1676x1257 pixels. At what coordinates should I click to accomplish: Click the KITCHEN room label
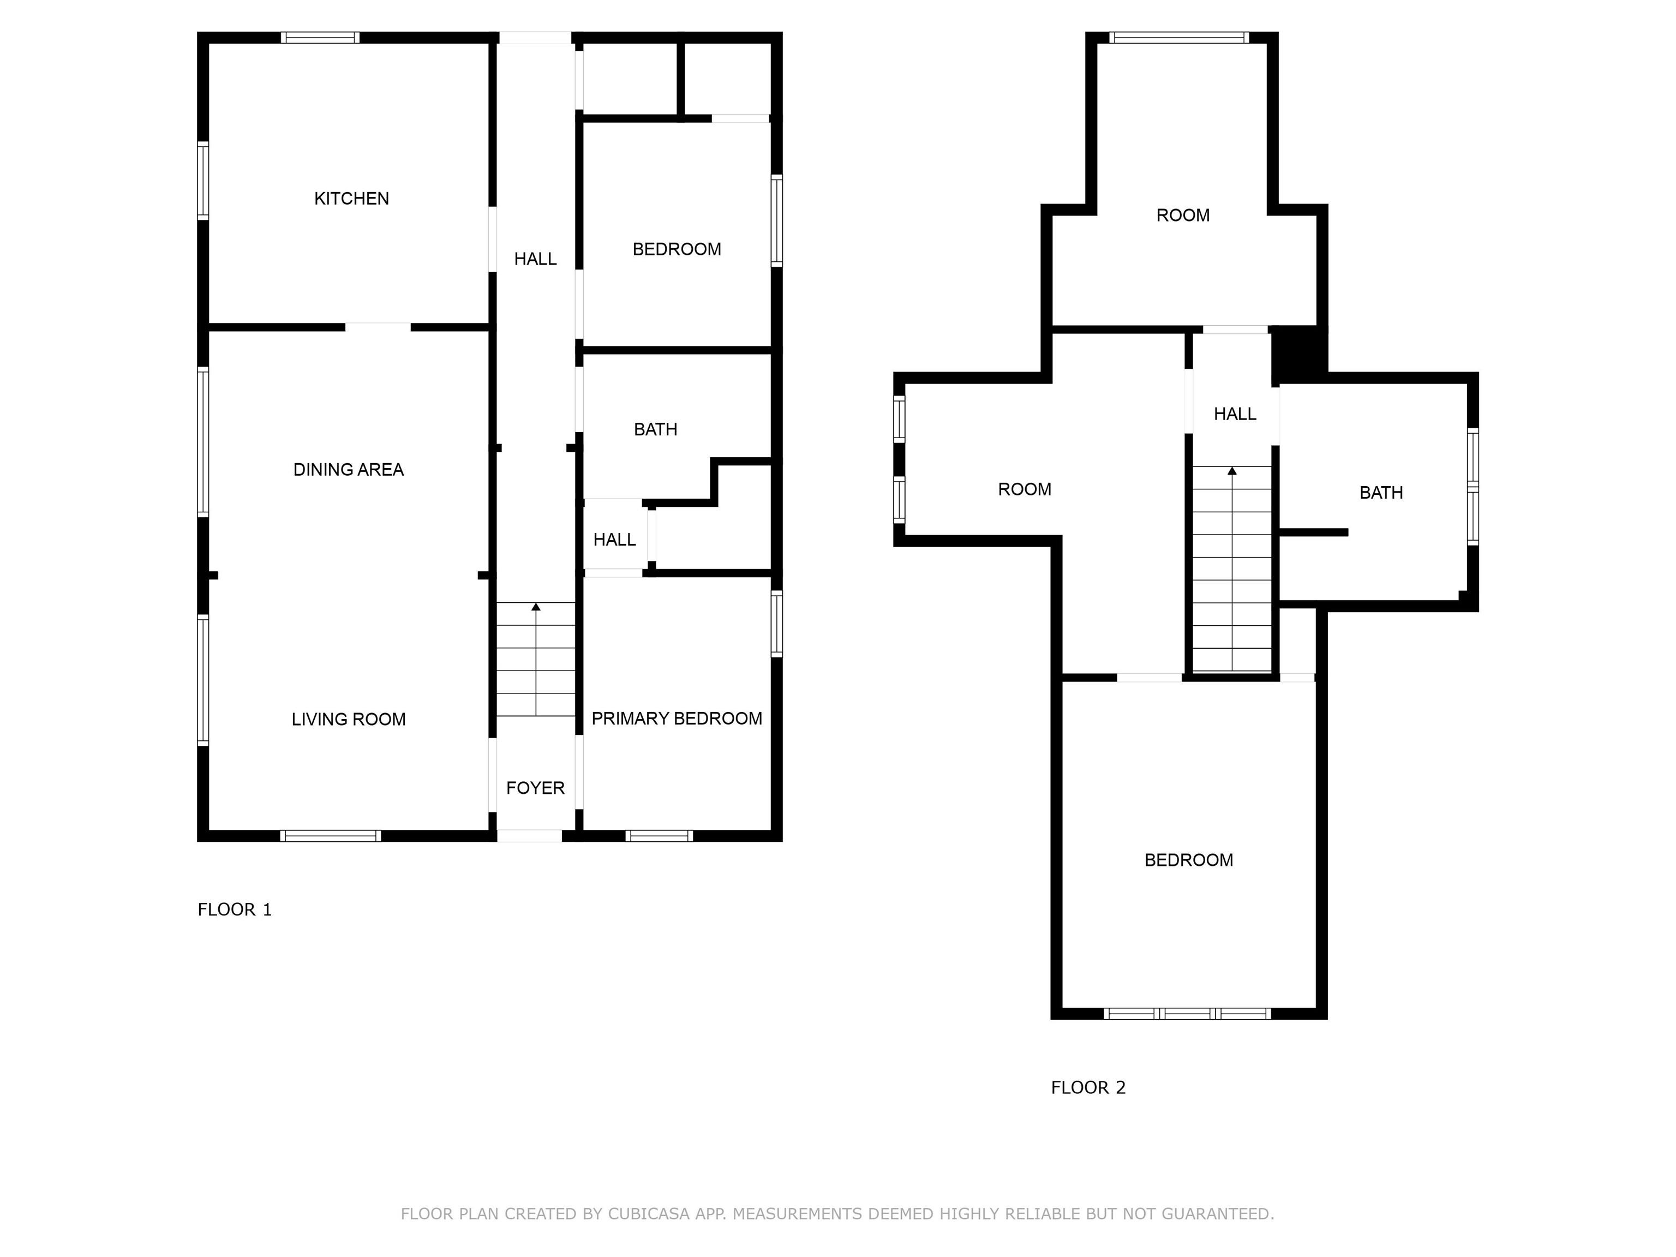[x=351, y=199]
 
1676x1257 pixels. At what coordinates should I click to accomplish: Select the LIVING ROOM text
[x=349, y=719]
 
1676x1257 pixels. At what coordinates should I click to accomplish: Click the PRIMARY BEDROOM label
[x=677, y=719]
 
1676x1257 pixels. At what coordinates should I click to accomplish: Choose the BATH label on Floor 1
[x=655, y=429]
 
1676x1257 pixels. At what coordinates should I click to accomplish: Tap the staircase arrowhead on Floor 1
[x=536, y=606]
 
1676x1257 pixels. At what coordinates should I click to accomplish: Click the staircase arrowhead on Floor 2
[x=1232, y=470]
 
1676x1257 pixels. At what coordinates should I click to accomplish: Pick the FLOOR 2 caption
[x=1088, y=1087]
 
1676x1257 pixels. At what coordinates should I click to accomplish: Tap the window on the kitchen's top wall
[x=320, y=37]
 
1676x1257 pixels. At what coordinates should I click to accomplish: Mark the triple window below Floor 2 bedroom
[x=1187, y=1013]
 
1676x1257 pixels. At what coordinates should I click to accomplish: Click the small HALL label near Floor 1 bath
[x=614, y=540]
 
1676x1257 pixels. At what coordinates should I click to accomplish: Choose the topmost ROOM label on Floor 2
[x=1183, y=215]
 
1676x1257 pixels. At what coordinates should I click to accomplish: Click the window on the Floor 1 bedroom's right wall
[x=777, y=220]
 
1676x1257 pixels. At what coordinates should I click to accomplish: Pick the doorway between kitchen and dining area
[x=378, y=327]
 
